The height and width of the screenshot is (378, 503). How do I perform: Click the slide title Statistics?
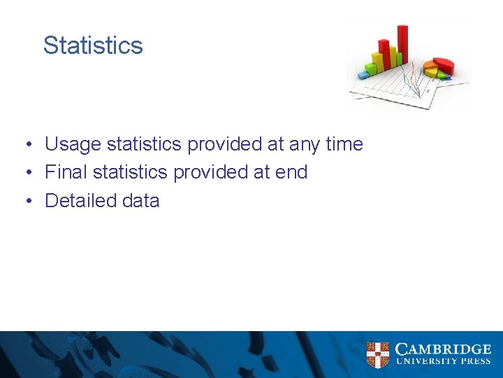[x=93, y=45]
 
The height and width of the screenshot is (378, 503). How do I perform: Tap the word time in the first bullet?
[x=344, y=144]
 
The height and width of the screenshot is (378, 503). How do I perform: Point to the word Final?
[x=66, y=172]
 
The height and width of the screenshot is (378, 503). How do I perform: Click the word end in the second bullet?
[x=291, y=172]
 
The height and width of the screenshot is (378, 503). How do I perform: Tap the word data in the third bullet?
[x=140, y=200]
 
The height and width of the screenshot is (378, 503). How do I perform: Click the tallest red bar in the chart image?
[x=402, y=45]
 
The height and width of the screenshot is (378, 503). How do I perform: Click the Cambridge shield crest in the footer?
[x=378, y=355]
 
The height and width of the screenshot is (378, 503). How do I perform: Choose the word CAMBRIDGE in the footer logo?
[x=443, y=349]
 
